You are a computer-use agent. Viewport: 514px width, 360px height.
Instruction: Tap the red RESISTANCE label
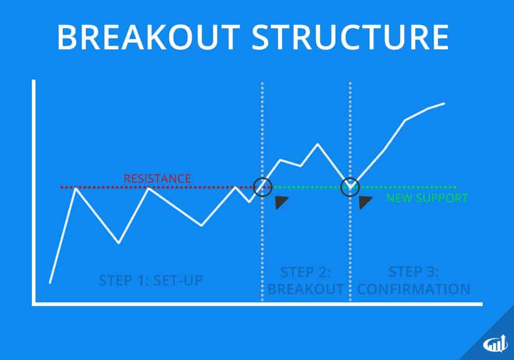[x=157, y=179]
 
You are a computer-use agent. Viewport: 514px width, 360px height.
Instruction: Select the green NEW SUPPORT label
[x=427, y=198]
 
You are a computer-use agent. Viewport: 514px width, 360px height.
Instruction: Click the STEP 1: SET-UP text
[x=150, y=281]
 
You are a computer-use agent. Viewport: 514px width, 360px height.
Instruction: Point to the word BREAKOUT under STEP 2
[x=305, y=289]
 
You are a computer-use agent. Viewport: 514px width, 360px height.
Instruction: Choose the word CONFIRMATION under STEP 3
[x=413, y=289]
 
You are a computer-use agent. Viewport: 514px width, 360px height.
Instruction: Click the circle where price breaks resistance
[x=263, y=187]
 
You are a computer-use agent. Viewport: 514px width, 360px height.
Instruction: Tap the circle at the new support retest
[x=350, y=187]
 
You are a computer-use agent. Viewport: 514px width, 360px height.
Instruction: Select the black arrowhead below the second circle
[x=365, y=202]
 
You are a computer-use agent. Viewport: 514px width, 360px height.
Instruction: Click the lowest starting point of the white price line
[x=50, y=282]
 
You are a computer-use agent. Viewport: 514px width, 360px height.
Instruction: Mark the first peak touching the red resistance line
[x=76, y=188]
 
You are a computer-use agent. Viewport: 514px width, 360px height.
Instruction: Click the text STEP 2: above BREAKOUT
[x=305, y=272]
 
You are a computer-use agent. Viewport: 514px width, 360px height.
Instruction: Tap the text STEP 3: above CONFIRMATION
[x=413, y=272]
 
